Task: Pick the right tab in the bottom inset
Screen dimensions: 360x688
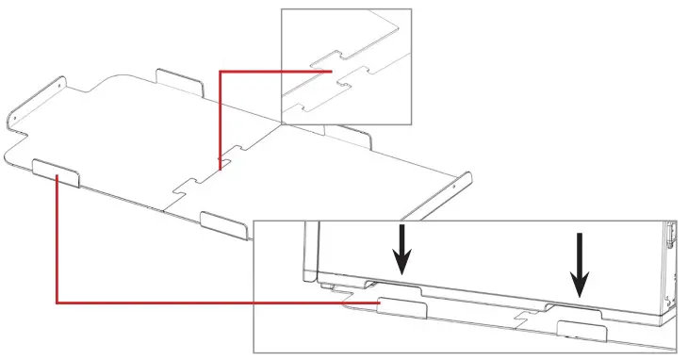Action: tap(581, 330)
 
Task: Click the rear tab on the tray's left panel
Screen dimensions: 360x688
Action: tap(180, 82)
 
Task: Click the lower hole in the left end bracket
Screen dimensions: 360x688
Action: tap(16, 120)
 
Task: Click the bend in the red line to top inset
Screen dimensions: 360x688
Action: tap(221, 71)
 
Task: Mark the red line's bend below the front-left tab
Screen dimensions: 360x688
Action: tap(57, 303)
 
